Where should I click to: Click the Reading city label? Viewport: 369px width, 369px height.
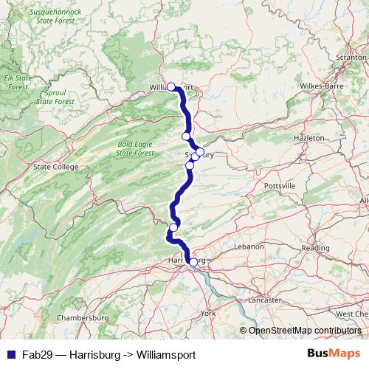pyautogui.click(x=315, y=248)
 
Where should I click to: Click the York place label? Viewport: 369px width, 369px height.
pyautogui.click(x=207, y=313)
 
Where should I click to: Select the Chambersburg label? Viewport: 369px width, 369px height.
pyautogui.click(x=83, y=317)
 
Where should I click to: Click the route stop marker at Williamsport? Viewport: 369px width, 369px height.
pyautogui.click(x=171, y=86)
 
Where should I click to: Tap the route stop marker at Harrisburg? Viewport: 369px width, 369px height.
pyautogui.click(x=193, y=261)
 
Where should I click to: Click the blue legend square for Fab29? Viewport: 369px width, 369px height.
pyautogui.click(x=7, y=354)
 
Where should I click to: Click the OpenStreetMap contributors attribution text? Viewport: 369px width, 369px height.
pyautogui.click(x=304, y=331)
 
